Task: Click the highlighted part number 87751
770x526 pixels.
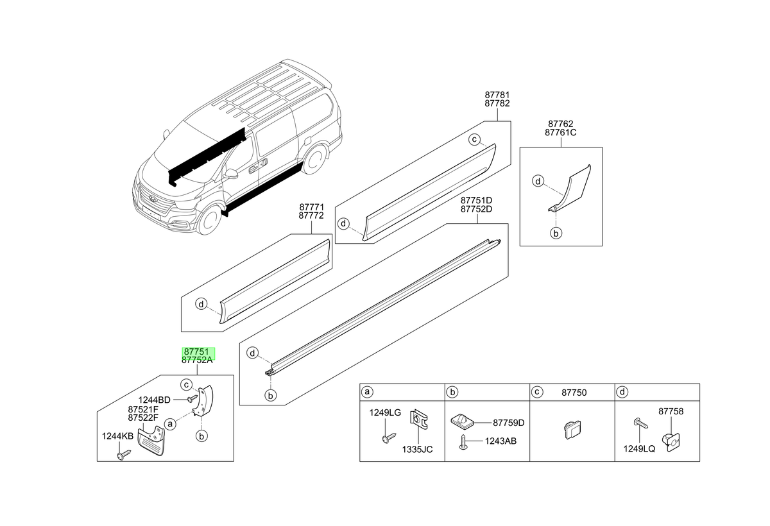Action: [x=196, y=352]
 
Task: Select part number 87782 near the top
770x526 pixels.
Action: [x=497, y=103]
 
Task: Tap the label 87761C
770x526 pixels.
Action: [x=560, y=133]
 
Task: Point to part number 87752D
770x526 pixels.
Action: [x=476, y=209]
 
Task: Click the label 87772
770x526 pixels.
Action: [x=311, y=216]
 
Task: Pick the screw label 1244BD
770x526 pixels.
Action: [x=155, y=400]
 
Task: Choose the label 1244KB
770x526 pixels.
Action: [x=117, y=436]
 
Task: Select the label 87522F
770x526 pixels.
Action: [x=143, y=418]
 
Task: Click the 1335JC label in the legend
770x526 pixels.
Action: [x=417, y=450]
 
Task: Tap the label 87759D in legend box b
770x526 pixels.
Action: [x=509, y=423]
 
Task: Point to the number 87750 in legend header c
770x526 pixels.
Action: [x=574, y=393]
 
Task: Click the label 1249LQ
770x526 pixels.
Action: [x=639, y=448]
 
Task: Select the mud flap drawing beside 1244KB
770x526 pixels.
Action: [x=151, y=440]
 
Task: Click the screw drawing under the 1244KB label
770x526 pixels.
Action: [x=124, y=455]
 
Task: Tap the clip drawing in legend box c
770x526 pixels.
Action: [x=572, y=429]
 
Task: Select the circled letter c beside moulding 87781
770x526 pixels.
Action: [x=474, y=139]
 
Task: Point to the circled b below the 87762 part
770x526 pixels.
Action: [x=556, y=233]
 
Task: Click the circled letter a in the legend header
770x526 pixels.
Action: [x=368, y=392]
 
